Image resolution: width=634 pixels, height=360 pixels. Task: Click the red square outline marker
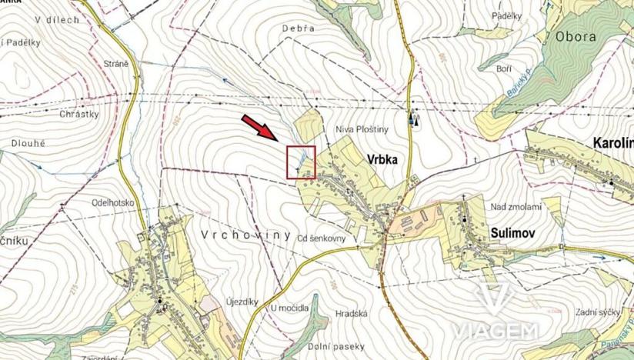coord(301,162)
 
